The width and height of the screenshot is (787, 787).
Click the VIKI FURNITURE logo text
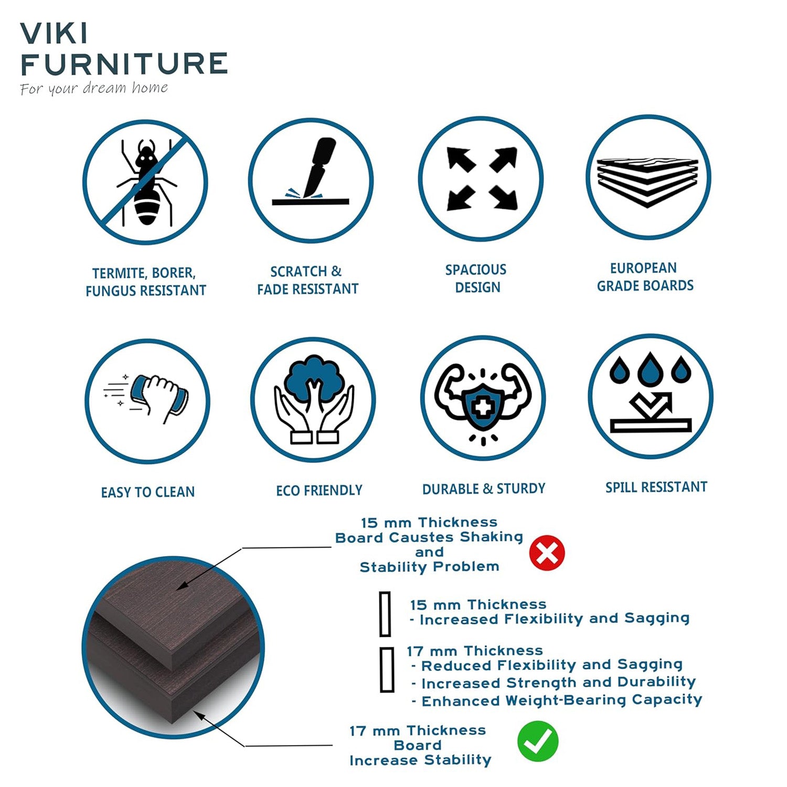[x=123, y=49]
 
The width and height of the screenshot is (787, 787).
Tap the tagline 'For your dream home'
[x=94, y=88]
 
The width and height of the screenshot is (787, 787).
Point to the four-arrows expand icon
[x=481, y=179]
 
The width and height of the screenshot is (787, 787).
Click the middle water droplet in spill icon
[x=650, y=367]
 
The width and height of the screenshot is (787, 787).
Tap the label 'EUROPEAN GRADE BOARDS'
[x=645, y=277]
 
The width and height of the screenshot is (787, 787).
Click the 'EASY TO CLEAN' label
[x=148, y=492]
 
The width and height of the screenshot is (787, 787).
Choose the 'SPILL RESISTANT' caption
[x=656, y=487]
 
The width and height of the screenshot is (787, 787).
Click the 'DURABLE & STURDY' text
[x=484, y=489]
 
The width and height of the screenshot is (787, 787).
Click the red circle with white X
[x=547, y=553]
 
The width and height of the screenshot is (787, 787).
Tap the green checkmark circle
[x=538, y=741]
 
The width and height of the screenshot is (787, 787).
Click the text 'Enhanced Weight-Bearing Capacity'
[x=561, y=700]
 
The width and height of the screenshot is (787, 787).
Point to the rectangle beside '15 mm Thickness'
[x=385, y=614]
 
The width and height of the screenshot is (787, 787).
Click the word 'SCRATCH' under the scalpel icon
[x=299, y=272]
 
